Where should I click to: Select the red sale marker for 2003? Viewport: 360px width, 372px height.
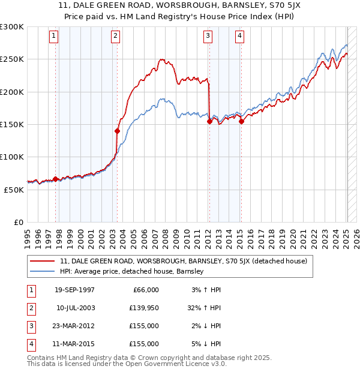(x=117, y=131)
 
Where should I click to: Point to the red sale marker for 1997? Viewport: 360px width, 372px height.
(x=55, y=179)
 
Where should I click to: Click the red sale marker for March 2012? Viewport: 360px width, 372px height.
(x=209, y=121)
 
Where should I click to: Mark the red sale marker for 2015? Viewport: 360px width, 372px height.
(x=241, y=121)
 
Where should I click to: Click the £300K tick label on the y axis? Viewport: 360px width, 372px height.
(x=12, y=27)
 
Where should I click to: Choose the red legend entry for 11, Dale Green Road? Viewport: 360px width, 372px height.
(x=184, y=261)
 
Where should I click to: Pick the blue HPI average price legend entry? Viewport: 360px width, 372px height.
(x=132, y=271)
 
